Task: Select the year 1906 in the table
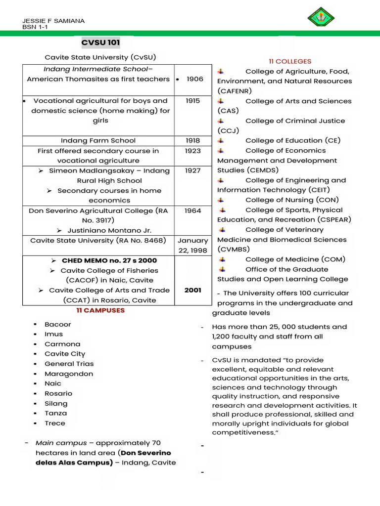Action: [x=195, y=79]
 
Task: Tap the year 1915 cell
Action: [x=192, y=101]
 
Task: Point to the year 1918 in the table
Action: [x=192, y=140]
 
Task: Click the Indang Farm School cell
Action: [x=98, y=140]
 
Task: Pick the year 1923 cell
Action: [x=192, y=151]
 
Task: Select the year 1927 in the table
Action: [x=192, y=170]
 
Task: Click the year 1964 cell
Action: [x=192, y=211]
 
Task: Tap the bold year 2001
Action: [x=192, y=290]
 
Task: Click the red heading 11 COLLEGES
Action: [x=290, y=61]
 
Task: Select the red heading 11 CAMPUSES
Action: [x=100, y=310]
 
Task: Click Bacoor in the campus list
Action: [x=58, y=324]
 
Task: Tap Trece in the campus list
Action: [x=55, y=423]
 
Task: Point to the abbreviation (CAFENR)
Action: [x=235, y=91]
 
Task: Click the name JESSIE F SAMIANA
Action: [x=53, y=21]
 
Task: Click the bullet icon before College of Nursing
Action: [x=221, y=200]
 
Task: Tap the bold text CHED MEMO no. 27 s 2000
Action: [x=109, y=260]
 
